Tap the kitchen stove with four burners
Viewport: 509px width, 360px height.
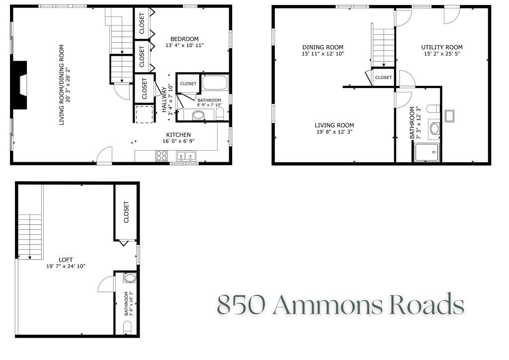pyautogui.click(x=162, y=156)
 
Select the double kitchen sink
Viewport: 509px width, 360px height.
pyautogui.click(x=186, y=157)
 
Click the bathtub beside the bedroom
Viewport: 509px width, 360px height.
pyautogui.click(x=215, y=83)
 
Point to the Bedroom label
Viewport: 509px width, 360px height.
pyautogui.click(x=184, y=39)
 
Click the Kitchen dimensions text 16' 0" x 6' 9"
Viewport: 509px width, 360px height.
pyautogui.click(x=178, y=141)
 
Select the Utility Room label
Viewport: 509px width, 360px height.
pyautogui.click(x=442, y=47)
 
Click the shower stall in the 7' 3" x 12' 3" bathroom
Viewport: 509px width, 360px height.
pyautogui.click(x=426, y=152)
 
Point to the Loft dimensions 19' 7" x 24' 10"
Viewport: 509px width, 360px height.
pyautogui.click(x=66, y=266)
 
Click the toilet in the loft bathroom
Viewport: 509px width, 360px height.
pyautogui.click(x=126, y=327)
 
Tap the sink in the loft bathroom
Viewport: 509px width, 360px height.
pyautogui.click(x=129, y=278)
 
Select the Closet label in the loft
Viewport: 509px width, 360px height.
pyautogui.click(x=126, y=212)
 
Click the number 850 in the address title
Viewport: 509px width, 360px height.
pyautogui.click(x=241, y=304)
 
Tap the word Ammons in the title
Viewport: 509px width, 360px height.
pyautogui.click(x=328, y=304)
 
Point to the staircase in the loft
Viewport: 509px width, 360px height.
pyautogui.click(x=30, y=234)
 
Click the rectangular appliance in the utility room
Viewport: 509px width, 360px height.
pyautogui.click(x=450, y=116)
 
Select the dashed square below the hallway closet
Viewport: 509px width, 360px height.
pyautogui.click(x=145, y=114)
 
